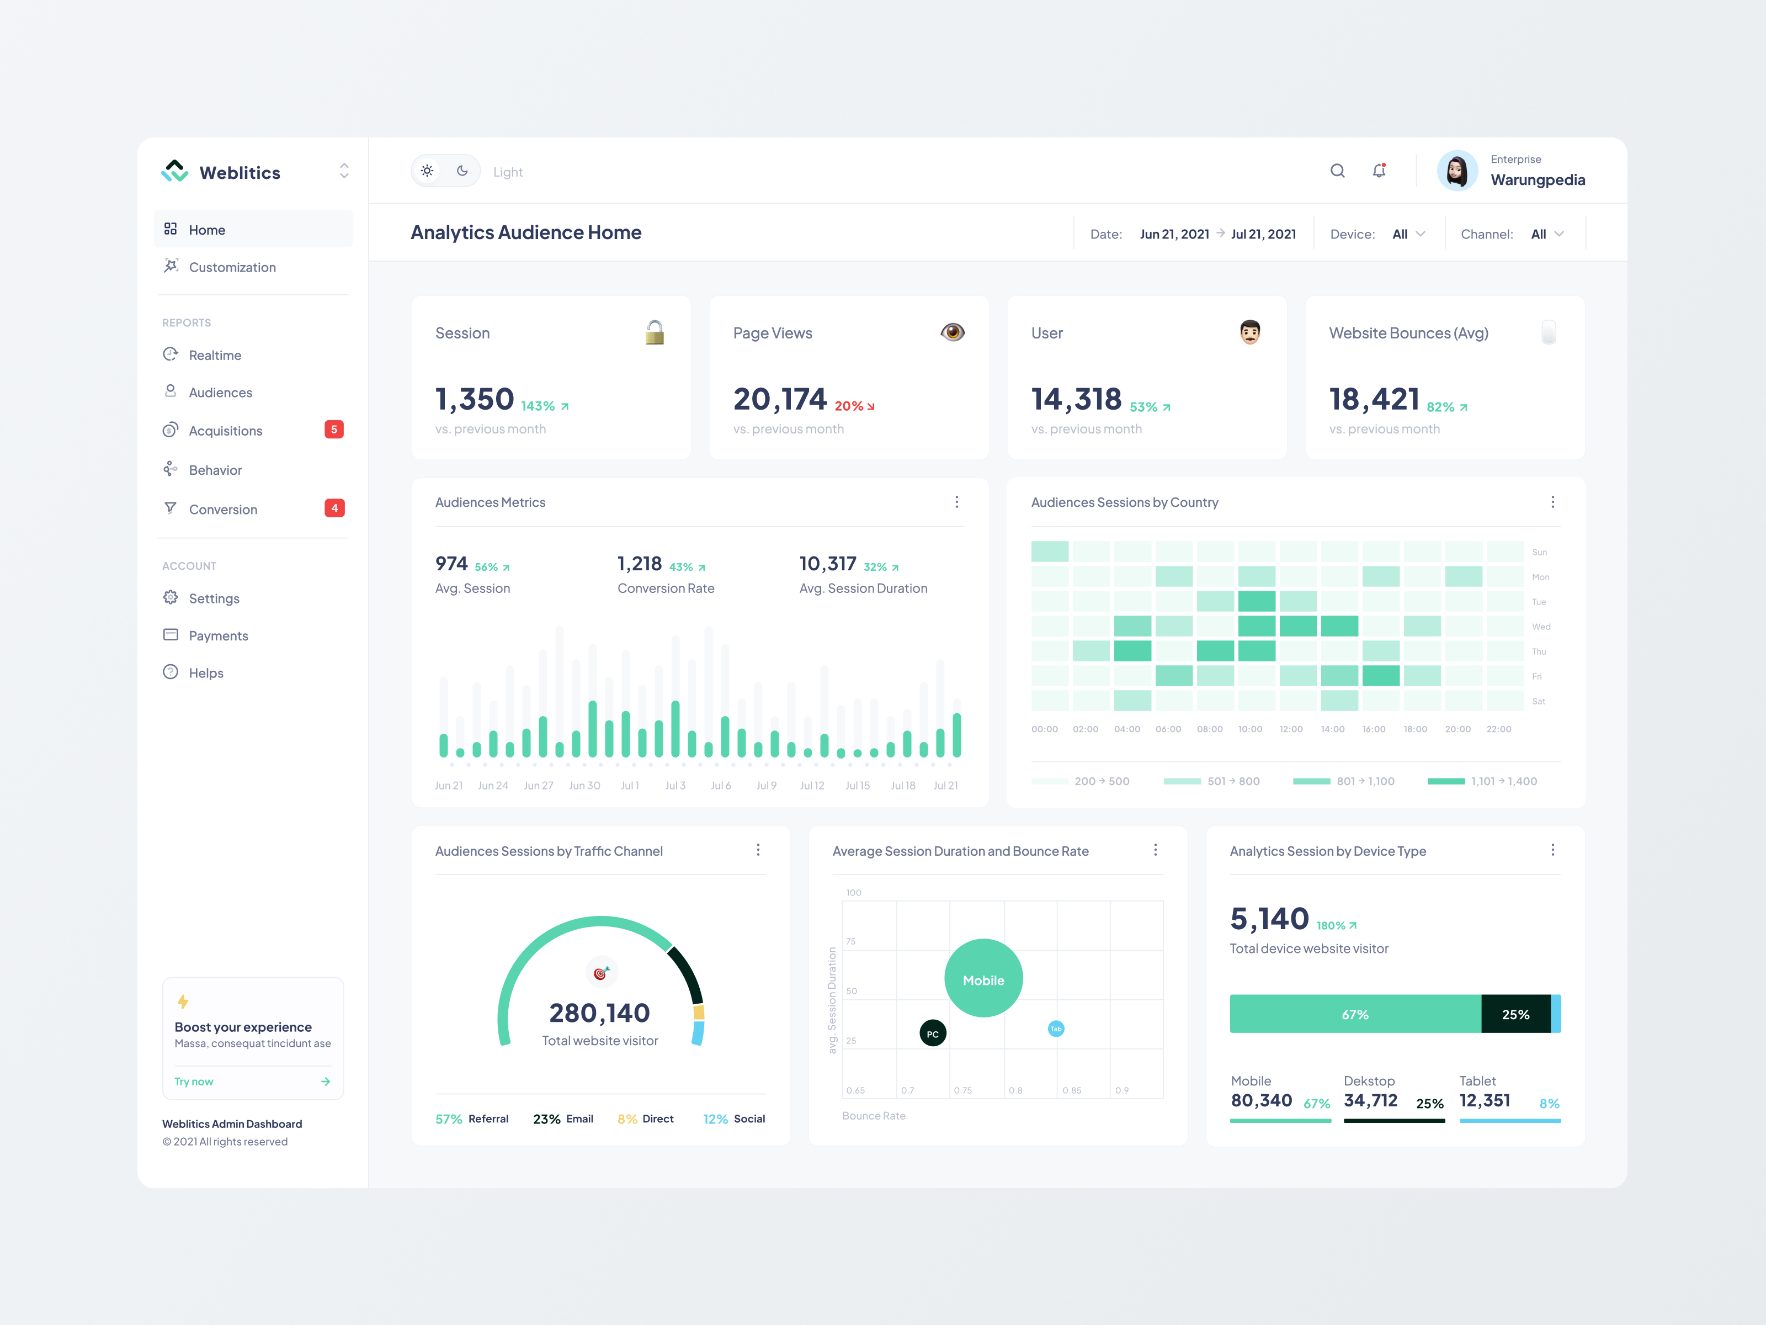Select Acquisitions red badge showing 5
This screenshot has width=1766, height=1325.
coord(334,430)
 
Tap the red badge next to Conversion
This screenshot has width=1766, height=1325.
coord(334,508)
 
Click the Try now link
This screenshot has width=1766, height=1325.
coord(194,1082)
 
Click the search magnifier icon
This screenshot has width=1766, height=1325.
coord(1337,171)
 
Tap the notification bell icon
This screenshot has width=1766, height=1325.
coord(1379,171)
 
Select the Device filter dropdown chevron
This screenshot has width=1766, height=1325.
coord(1421,234)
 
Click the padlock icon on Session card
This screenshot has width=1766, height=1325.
coord(655,332)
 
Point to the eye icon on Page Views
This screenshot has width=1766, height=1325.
coord(953,332)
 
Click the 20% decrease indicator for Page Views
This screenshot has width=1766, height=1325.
coord(854,406)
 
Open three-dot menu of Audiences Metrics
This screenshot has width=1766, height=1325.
coord(956,501)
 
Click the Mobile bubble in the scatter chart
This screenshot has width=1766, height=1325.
coord(983,978)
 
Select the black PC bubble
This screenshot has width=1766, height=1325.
coord(933,1033)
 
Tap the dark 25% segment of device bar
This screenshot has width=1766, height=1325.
coord(1515,1014)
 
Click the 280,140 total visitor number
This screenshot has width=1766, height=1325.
coord(599,1013)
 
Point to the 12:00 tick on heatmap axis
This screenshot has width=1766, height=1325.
coord(1291,729)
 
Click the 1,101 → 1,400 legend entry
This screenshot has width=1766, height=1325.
coord(1482,781)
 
